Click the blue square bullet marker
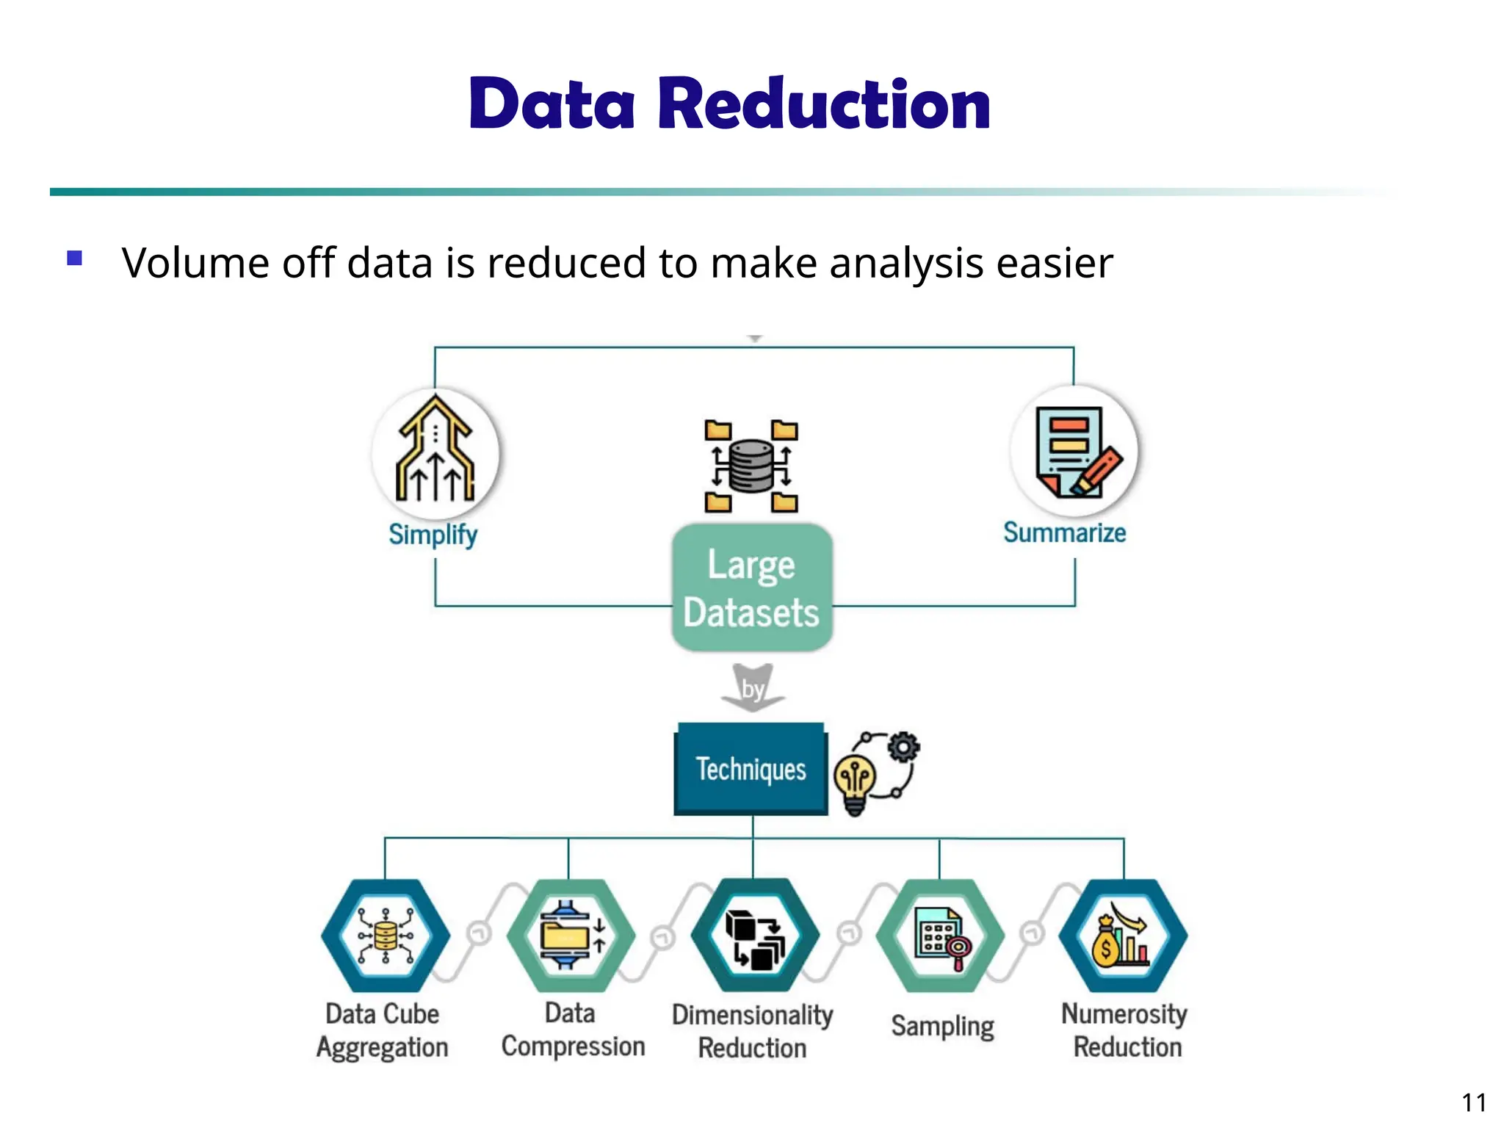point(74,258)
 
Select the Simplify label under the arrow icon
point(433,534)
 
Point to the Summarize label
point(1064,532)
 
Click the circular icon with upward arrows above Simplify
point(435,452)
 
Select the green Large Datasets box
point(751,587)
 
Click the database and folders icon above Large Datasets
point(751,466)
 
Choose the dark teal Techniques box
point(751,769)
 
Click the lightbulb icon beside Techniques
point(856,784)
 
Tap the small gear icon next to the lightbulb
point(903,747)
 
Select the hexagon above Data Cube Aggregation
point(386,936)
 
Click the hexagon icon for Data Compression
point(571,936)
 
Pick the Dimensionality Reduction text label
point(752,1031)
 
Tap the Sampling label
point(942,1026)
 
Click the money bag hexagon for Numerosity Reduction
point(1123,936)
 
